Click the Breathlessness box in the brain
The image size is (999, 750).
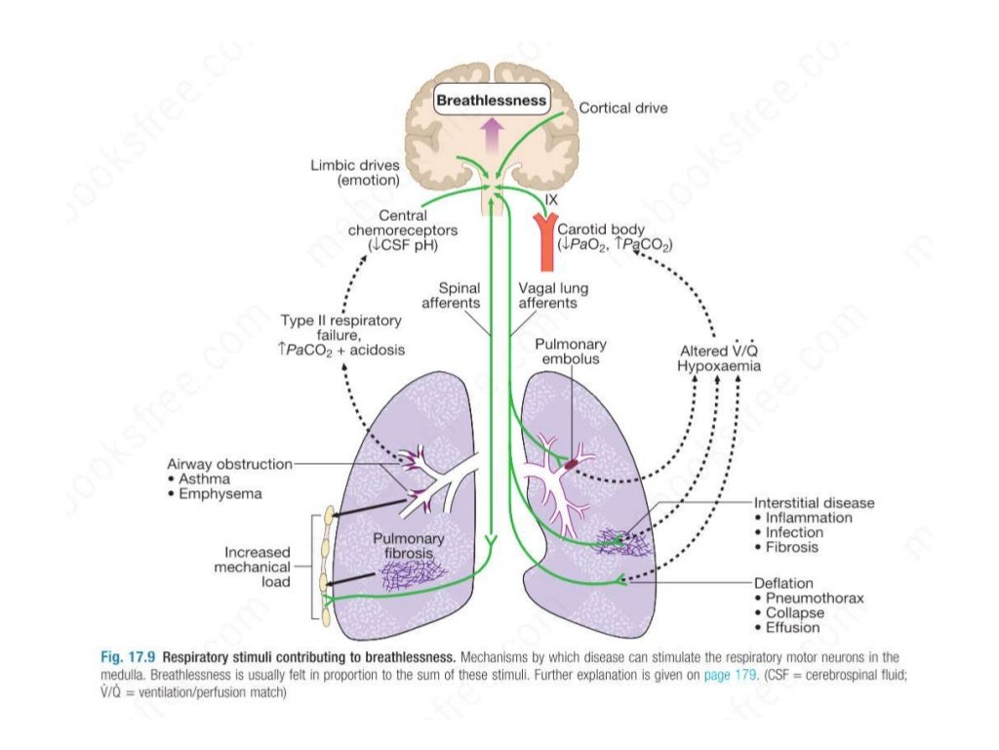point(491,100)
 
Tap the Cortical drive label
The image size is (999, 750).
point(623,108)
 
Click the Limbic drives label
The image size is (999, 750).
point(354,174)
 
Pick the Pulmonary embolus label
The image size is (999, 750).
point(571,352)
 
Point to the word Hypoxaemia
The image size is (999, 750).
point(720,365)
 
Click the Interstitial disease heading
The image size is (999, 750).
point(815,503)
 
